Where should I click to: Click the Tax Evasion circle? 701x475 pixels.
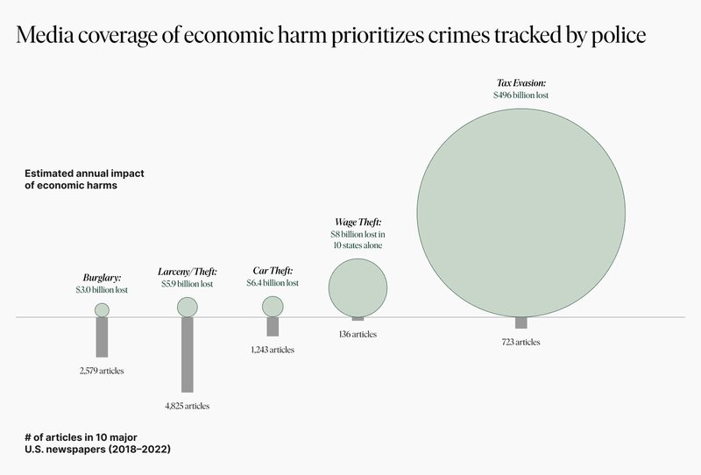point(521,210)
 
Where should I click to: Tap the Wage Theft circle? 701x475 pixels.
point(358,286)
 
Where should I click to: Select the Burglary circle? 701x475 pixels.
point(102,309)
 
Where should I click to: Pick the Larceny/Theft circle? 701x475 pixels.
point(188,307)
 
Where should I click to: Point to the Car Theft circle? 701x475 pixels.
point(273,306)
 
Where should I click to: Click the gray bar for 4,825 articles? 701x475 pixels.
point(188,354)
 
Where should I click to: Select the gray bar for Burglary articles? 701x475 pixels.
point(102,337)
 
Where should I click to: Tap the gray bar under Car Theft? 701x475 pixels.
point(273,326)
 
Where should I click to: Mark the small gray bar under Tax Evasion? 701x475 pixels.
point(521,323)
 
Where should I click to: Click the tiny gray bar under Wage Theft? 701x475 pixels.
point(358,319)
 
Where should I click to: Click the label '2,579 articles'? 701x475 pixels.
point(102,371)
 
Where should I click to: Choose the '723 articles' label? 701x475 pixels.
point(521,341)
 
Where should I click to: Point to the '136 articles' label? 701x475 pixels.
point(358,334)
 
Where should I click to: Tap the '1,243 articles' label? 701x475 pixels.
point(273,349)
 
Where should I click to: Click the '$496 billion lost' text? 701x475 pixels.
point(521,94)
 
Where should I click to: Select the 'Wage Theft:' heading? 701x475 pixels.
point(358,223)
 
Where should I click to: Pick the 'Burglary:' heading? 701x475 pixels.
point(102,276)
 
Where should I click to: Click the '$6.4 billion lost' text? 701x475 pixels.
point(273,283)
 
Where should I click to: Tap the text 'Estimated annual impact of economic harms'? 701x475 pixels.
point(84,180)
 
